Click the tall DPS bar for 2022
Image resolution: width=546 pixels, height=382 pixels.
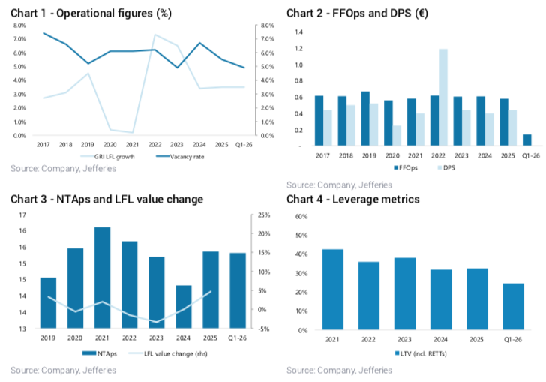point(443,98)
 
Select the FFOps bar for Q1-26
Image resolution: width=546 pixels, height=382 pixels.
point(527,140)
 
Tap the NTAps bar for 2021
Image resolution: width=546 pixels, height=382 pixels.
point(102,278)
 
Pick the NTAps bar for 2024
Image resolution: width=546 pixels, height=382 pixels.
point(184,307)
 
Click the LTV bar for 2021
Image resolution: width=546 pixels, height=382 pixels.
point(333,290)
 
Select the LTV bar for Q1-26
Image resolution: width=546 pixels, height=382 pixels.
point(513,307)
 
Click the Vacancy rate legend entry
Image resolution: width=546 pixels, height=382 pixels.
point(180,157)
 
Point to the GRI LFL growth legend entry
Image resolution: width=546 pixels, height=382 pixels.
point(107,157)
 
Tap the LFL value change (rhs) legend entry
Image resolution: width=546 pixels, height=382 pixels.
point(168,354)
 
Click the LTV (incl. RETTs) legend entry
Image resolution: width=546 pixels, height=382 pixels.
point(421,354)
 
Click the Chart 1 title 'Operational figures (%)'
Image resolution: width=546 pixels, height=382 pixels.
point(114,14)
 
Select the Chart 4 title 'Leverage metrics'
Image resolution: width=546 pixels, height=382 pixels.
point(376,200)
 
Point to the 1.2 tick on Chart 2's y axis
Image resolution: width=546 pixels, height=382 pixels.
point(298,49)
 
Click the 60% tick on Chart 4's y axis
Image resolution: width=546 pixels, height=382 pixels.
point(301,217)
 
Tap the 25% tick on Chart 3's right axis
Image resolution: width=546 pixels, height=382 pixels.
point(264,215)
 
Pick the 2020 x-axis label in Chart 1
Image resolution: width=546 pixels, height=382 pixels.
point(110,145)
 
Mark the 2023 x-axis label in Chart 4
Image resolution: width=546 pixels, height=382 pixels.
point(404,339)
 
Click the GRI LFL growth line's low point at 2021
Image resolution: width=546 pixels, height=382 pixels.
point(133,132)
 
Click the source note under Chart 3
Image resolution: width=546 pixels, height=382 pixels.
point(63,370)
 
